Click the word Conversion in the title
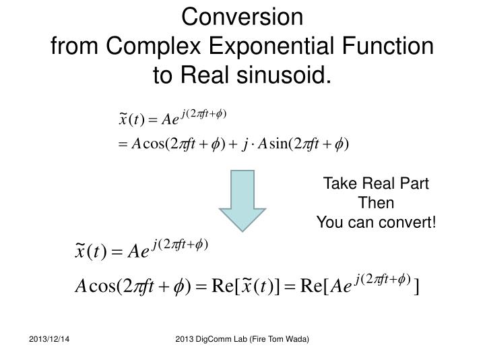pos(243,16)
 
